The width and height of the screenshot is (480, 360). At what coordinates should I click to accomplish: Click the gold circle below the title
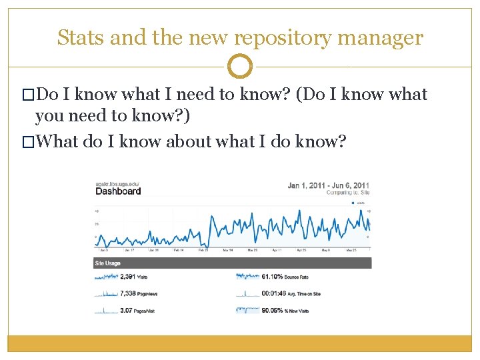pos(240,67)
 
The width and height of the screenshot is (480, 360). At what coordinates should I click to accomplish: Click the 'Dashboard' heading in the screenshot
pos(119,191)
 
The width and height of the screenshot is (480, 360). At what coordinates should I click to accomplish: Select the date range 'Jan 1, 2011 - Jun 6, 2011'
pos(328,185)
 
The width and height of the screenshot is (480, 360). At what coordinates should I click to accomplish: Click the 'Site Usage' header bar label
pos(108,263)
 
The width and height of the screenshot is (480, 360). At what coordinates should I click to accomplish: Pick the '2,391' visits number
pos(128,276)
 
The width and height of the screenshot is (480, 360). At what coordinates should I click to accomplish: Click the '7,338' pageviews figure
pos(128,293)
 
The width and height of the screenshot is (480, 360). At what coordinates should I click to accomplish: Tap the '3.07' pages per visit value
pos(127,310)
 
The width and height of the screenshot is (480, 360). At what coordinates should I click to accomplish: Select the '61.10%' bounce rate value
pos(273,276)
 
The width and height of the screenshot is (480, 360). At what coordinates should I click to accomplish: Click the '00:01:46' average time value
pos(275,293)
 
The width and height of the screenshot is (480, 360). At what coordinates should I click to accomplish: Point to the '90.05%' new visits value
pos(273,310)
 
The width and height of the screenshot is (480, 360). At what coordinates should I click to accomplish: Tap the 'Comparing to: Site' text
pos(347,193)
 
